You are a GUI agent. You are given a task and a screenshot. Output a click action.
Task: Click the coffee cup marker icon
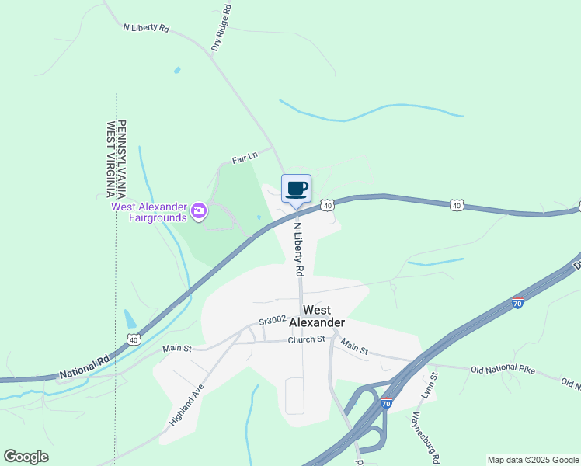(x=296, y=188)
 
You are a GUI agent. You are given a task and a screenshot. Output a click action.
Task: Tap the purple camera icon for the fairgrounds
(x=199, y=210)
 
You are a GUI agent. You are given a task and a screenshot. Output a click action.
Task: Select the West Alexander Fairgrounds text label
(x=149, y=207)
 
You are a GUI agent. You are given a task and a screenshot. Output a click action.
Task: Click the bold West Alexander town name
(x=323, y=315)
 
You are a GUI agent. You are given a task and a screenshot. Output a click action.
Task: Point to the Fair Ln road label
(x=244, y=158)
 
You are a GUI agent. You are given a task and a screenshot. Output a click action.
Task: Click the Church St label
(x=306, y=339)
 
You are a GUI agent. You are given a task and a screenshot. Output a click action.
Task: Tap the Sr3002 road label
(x=273, y=320)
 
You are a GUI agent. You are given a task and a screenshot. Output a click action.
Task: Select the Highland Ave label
(x=186, y=405)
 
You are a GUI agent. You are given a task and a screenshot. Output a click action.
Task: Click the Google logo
(x=26, y=457)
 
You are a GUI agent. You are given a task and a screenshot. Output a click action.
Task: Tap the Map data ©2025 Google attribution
(x=534, y=460)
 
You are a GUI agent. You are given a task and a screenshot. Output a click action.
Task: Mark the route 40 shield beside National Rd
(x=134, y=340)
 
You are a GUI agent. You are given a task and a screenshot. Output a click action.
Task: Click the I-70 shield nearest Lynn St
(x=387, y=403)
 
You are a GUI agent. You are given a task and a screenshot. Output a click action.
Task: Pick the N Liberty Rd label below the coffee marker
(x=298, y=249)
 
